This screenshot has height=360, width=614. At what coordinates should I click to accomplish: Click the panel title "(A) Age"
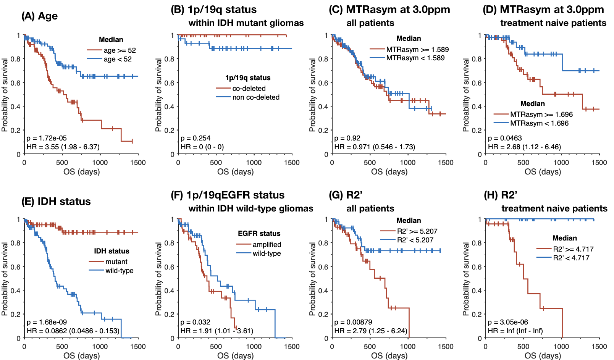click(40, 16)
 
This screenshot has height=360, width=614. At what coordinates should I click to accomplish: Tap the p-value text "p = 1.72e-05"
click(47, 138)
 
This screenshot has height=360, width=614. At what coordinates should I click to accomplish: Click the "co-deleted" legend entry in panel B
click(249, 89)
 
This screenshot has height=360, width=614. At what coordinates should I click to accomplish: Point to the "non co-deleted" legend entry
click(256, 97)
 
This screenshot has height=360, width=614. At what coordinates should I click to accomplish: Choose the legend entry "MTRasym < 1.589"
click(415, 58)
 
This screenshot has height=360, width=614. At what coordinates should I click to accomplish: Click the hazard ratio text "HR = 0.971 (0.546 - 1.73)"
click(374, 147)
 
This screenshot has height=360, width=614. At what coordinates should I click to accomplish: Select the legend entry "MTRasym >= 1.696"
click(541, 115)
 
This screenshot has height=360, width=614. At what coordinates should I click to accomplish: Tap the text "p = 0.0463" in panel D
click(505, 138)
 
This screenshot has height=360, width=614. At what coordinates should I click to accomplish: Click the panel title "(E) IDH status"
click(57, 202)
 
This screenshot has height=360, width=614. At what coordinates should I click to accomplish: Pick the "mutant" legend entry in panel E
click(116, 262)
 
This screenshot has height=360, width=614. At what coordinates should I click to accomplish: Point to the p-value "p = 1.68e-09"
click(47, 322)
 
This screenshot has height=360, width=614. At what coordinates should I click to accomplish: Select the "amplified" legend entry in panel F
click(267, 245)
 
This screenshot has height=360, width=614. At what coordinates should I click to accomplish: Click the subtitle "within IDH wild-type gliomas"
click(251, 209)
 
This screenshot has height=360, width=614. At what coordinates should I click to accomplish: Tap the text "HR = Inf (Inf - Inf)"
click(515, 331)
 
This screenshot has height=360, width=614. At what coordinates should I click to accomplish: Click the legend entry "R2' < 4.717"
click(571, 258)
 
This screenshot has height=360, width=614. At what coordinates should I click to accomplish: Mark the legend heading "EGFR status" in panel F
click(259, 234)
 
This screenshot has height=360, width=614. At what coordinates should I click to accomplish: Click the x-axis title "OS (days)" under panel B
click(235, 172)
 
